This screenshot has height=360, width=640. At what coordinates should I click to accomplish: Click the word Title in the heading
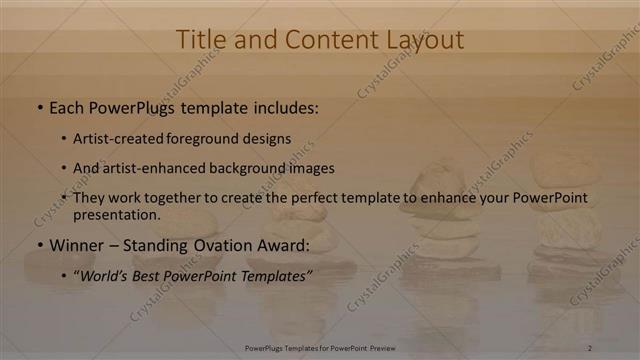200,40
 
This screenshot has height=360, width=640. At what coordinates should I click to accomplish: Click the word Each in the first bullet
67,106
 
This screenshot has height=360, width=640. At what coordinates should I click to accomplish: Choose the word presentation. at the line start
116,214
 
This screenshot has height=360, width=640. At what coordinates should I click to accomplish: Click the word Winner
77,245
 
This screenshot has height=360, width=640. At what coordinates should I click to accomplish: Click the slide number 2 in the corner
589,347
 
